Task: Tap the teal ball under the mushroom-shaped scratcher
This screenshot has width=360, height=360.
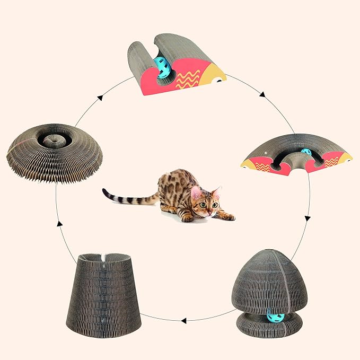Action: coord(276,318)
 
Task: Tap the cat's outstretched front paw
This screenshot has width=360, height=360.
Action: coord(229,217)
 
